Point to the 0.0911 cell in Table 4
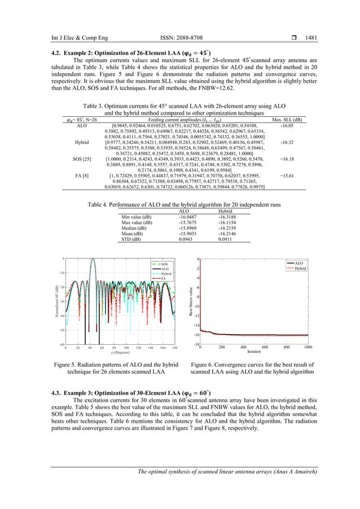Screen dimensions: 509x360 pos(225,239)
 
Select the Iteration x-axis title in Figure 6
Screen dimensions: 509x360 pos(254,351)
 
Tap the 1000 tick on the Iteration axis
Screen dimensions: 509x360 pos(308,346)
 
